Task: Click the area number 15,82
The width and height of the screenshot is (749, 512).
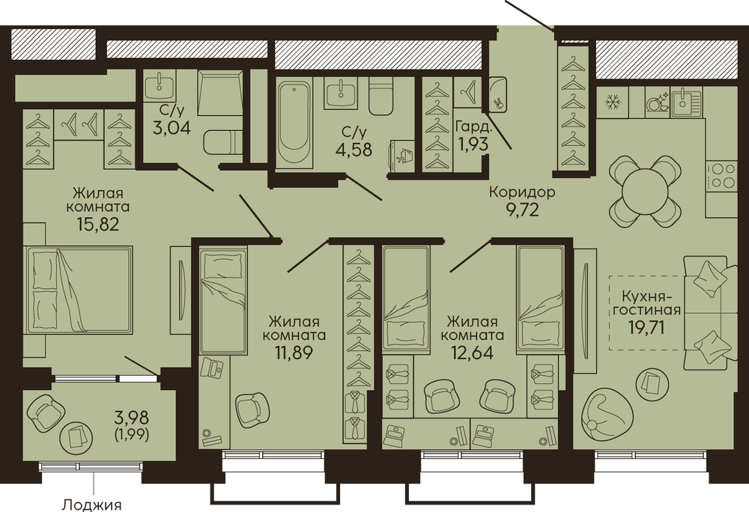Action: pyautogui.click(x=97, y=223)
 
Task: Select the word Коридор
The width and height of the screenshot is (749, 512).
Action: pyautogui.click(x=522, y=192)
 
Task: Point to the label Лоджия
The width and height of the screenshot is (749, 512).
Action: pyautogui.click(x=92, y=505)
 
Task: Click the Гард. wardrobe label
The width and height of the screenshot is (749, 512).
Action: pyautogui.click(x=473, y=127)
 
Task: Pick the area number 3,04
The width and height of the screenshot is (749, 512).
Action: pyautogui.click(x=172, y=128)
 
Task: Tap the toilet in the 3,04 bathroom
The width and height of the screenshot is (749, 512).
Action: pyautogui.click(x=222, y=141)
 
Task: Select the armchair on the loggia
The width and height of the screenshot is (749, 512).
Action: pyautogui.click(x=46, y=411)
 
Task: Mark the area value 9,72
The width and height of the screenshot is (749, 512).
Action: pyautogui.click(x=522, y=210)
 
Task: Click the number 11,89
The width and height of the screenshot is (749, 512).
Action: pyautogui.click(x=294, y=353)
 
